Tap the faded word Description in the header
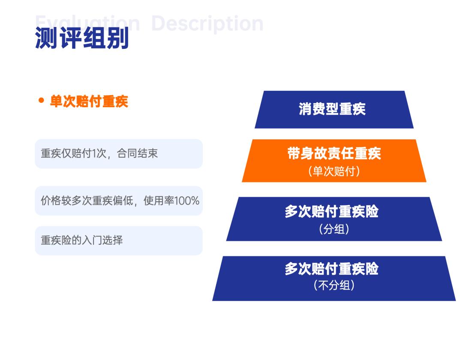[x=207, y=23]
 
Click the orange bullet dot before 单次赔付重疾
[x=42, y=101]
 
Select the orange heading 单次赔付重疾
[x=89, y=101]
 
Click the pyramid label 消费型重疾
[x=332, y=109]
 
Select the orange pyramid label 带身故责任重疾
[x=334, y=153]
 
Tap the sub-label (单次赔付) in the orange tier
[x=334, y=171]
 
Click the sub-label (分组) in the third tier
[x=334, y=229]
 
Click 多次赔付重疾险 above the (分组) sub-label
[x=332, y=211]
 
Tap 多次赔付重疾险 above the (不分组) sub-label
[x=332, y=269]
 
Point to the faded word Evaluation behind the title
[x=87, y=21]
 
